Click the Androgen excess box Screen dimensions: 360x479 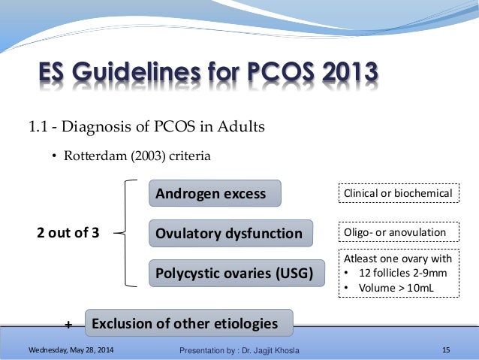pyautogui.click(x=215, y=194)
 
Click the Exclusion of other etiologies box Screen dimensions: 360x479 pyautogui.click(x=188, y=324)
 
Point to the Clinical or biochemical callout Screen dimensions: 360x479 pyautogui.click(x=398, y=194)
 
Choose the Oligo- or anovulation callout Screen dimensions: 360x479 pyautogui.click(x=394, y=232)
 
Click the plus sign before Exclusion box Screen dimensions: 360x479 pyautogui.click(x=69, y=325)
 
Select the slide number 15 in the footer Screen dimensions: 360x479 pyautogui.click(x=446, y=350)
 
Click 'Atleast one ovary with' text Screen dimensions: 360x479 pyautogui.click(x=398, y=258)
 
